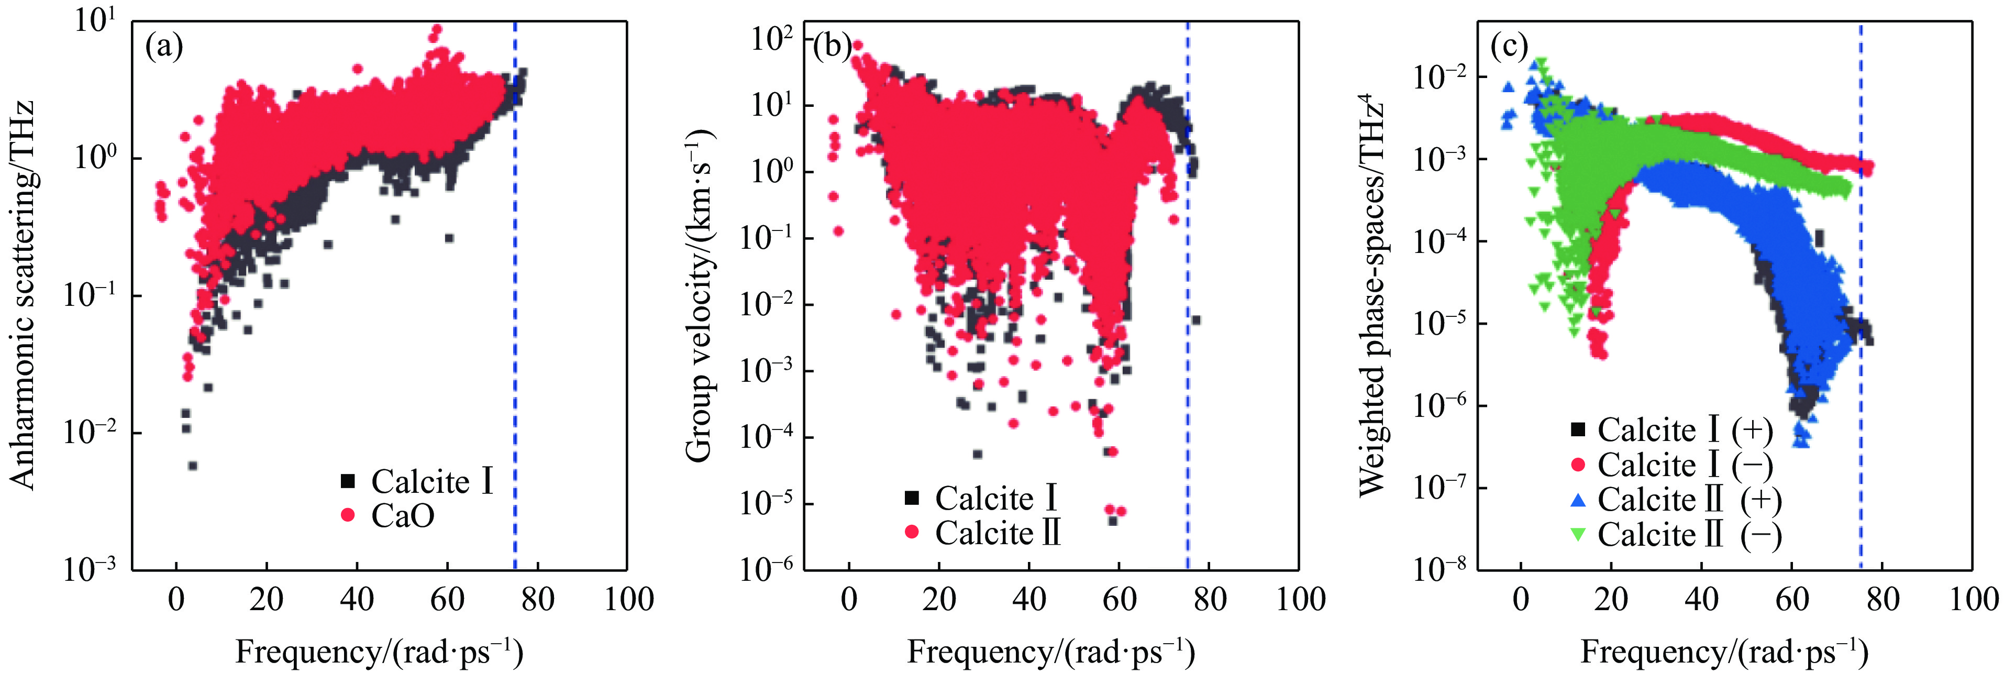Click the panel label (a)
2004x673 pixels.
click(x=164, y=48)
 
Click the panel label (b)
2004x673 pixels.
click(x=833, y=48)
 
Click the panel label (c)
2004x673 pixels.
click(x=1509, y=48)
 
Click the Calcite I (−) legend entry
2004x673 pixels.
click(x=1672, y=465)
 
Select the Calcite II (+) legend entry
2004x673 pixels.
click(x=1676, y=500)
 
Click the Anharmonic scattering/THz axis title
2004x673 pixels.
click(x=24, y=295)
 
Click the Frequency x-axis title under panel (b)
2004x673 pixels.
click(x=1051, y=650)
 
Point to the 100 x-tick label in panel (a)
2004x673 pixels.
click(x=628, y=600)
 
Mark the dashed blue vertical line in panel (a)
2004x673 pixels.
click(x=515, y=296)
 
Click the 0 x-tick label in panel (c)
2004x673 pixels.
click(x=1521, y=600)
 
